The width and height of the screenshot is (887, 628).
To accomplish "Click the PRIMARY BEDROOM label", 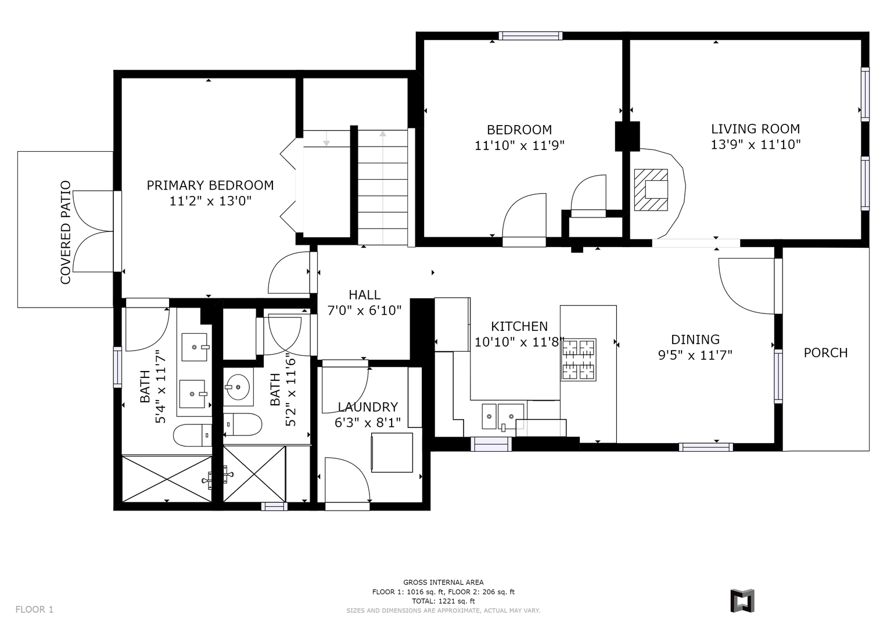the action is pos(210,185).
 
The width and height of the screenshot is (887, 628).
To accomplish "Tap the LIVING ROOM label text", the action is pos(756,129).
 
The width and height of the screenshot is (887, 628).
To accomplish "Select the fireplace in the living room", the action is pos(651,190).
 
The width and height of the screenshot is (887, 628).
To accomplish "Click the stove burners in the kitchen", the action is pos(579,359).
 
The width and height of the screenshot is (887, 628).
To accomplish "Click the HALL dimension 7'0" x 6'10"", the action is pos(365,310).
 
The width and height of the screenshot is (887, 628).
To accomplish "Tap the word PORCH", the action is pos(825,352).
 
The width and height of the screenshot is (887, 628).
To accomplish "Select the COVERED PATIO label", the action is pos(65,233).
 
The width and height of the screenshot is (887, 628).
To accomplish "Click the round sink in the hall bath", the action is pos(237,386).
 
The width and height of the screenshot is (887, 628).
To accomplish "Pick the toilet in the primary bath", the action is pos(192,435).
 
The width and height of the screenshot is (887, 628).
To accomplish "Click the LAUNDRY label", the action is pos(368,407).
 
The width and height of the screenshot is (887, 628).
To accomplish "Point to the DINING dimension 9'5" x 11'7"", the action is pos(695,355).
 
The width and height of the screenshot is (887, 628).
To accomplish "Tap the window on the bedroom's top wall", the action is pos(530,35).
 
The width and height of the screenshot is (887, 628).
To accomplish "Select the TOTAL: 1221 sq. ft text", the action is pos(443,601).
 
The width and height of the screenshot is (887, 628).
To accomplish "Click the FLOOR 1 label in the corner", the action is pos(34,609).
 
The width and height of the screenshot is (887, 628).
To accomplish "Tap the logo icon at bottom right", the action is pos(742,601).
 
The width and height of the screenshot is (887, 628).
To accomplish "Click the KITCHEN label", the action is pos(519,326).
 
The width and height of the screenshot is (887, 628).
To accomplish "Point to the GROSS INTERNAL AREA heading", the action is pos(444,583).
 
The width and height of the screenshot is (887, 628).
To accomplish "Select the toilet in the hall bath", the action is pos(242,424).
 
